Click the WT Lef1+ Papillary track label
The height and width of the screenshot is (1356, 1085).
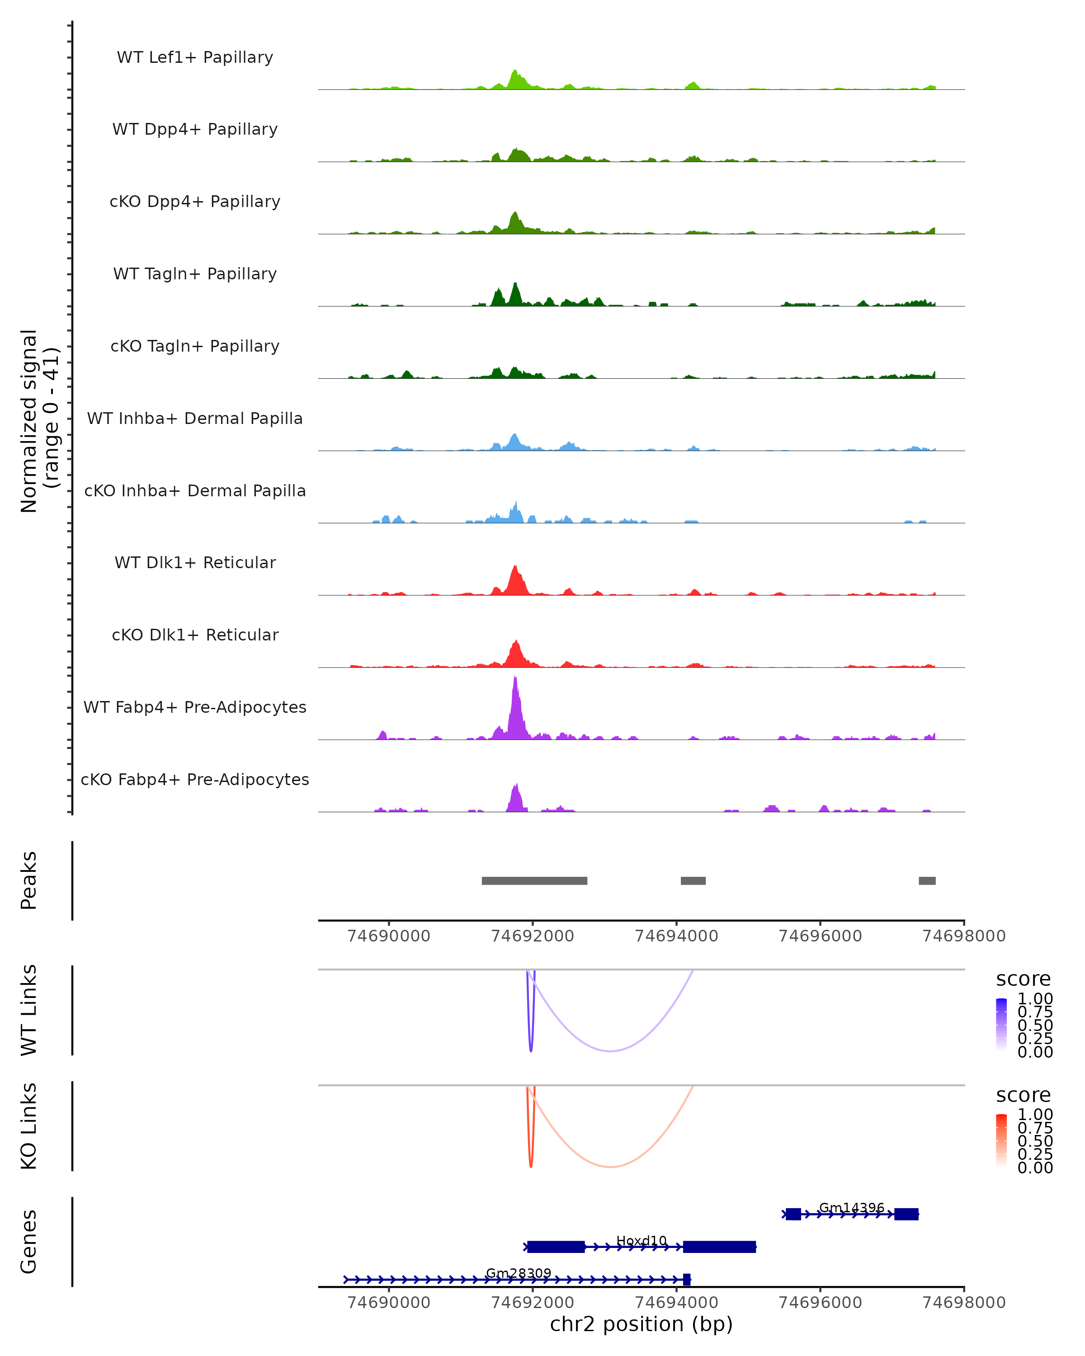195,57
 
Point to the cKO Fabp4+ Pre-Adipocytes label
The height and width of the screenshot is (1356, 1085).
195,779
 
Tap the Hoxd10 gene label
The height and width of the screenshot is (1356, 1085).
641,1240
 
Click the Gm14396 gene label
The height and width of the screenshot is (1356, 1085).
852,1208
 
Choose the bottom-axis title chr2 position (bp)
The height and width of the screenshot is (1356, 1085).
641,1324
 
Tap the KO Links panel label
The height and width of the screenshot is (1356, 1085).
29,1126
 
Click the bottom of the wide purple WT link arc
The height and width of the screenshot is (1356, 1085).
610,1051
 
